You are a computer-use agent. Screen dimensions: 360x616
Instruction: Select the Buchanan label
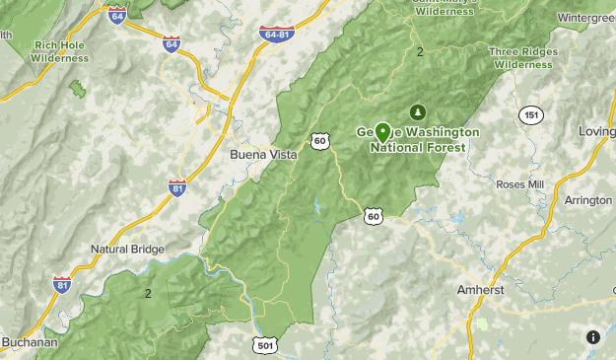tap(30, 342)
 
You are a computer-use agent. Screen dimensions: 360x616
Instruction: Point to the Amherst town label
tap(480, 290)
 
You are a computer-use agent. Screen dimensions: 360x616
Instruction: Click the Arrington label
tap(587, 200)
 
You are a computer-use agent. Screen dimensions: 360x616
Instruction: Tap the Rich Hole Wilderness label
tap(61, 51)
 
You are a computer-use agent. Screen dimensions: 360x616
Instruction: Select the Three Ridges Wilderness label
tap(523, 58)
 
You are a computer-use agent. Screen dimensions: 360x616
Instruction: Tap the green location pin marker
tap(382, 131)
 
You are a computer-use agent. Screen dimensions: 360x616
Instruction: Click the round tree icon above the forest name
tap(418, 110)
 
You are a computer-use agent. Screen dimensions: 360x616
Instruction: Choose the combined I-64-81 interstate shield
tap(277, 35)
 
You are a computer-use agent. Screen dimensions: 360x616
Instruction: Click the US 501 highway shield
tap(264, 344)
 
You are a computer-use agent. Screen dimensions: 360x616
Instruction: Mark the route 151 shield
tap(531, 115)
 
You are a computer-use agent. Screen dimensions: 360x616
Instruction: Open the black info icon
tap(592, 337)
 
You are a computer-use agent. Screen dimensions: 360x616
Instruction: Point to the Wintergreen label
tap(586, 18)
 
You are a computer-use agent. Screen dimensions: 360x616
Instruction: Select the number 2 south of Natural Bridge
tap(148, 293)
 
